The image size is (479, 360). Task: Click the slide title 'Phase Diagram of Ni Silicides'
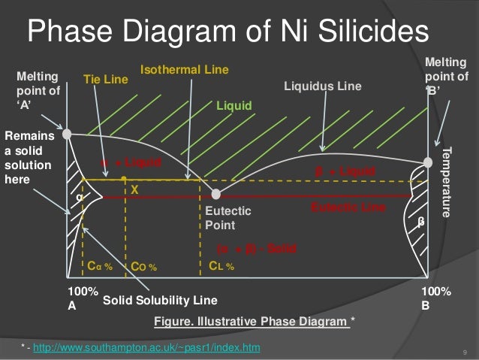pyautogui.click(x=227, y=32)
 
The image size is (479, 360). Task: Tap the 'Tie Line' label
pyautogui.click(x=104, y=77)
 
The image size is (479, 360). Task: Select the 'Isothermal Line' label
pyautogui.click(x=184, y=70)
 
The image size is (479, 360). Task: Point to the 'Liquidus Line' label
pyautogui.click(x=322, y=86)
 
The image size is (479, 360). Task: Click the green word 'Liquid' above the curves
pyautogui.click(x=234, y=105)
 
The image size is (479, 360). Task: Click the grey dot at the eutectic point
pyautogui.click(x=215, y=195)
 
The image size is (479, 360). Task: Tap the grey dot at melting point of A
pyautogui.click(x=67, y=134)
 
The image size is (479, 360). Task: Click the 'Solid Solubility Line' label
pyautogui.click(x=160, y=301)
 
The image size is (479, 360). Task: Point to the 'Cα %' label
pyautogui.click(x=100, y=266)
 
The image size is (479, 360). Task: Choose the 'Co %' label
pyautogui.click(x=143, y=266)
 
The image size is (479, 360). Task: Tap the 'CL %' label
pyautogui.click(x=221, y=265)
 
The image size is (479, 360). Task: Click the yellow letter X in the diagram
pyautogui.click(x=135, y=191)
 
